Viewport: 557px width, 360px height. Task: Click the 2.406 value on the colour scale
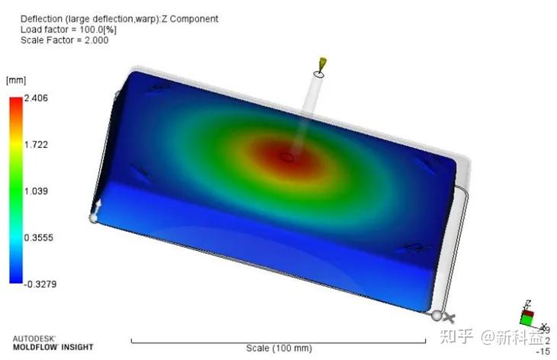coord(36,98)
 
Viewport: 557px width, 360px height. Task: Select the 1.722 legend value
coord(36,144)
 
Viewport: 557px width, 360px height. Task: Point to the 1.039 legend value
coord(36,191)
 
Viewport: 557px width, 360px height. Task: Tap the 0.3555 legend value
coord(39,237)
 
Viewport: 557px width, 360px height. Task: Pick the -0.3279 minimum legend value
coord(40,284)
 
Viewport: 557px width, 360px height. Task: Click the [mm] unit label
coord(16,80)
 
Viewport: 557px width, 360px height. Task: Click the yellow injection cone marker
coord(323,64)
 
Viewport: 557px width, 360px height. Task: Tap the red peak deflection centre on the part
coord(286,157)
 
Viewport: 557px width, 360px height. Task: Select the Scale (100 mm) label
coord(278,348)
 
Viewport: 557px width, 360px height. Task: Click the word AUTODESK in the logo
coord(34,339)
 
